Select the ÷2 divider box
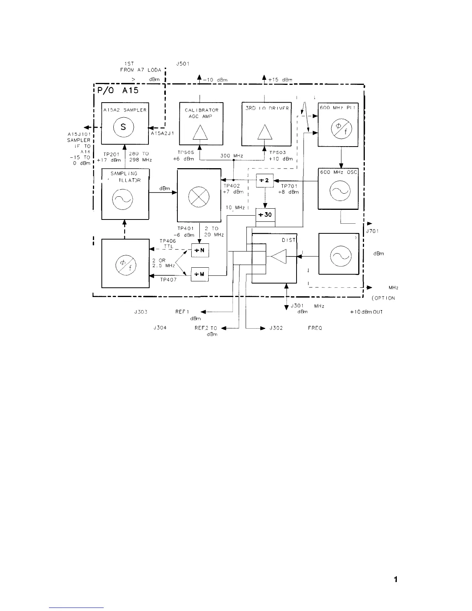tap(265, 181)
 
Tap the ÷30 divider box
tap(265, 214)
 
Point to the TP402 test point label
tap(232, 186)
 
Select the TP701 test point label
tap(289, 186)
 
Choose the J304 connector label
tap(160, 328)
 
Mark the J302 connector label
tap(276, 328)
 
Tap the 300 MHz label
tap(231, 156)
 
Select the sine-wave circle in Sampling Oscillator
tap(123, 199)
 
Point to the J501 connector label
tap(182, 64)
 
